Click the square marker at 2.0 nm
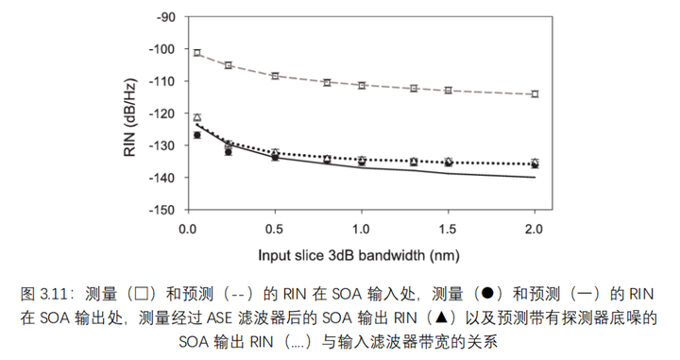535,94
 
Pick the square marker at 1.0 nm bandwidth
362,85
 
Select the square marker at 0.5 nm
275,76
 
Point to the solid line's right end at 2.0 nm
535,177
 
